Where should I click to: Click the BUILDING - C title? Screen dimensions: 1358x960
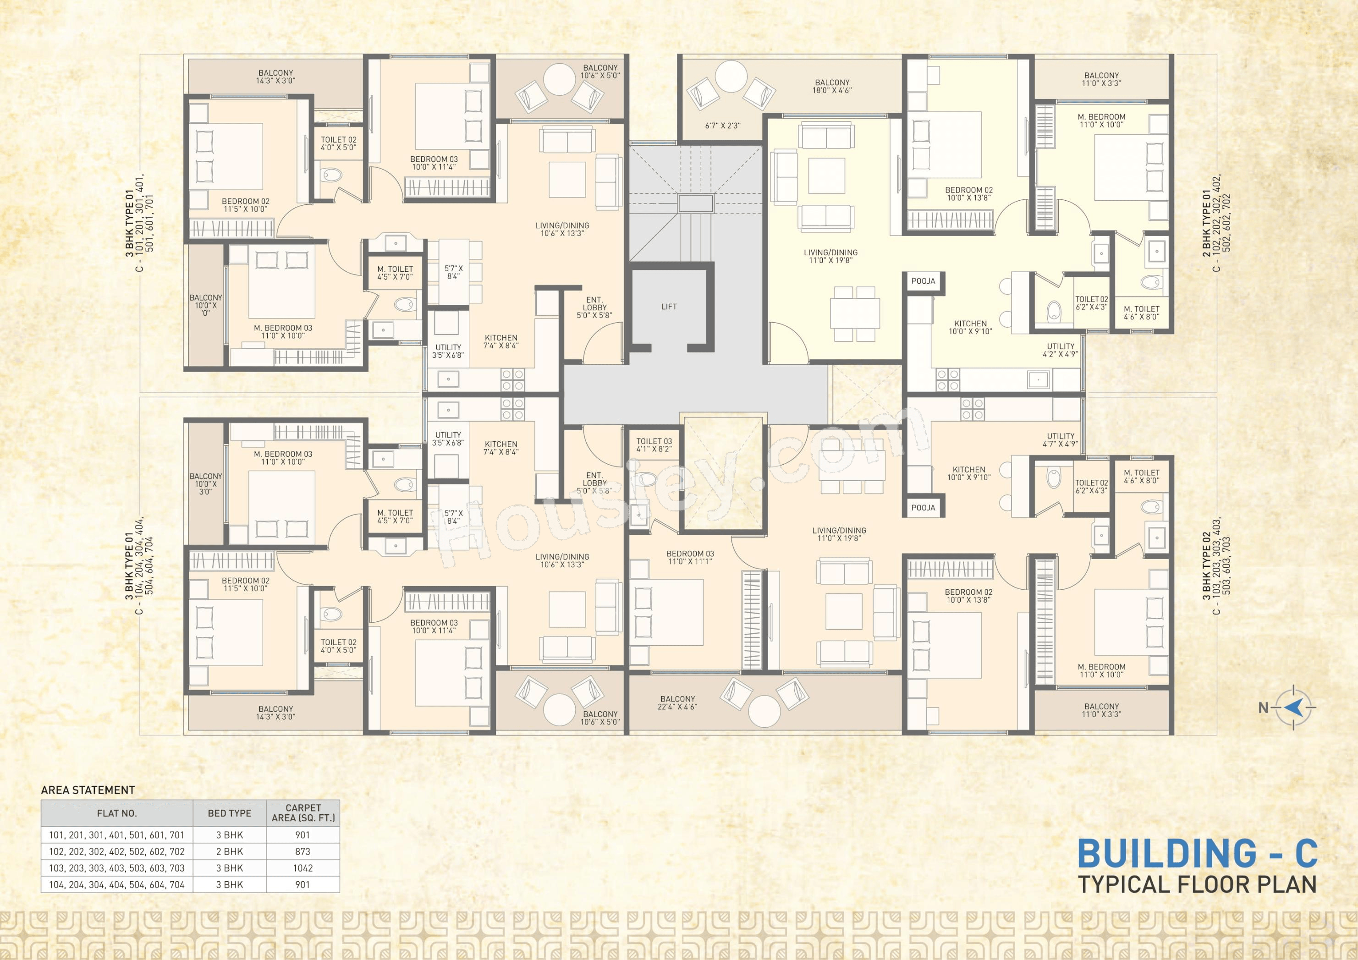click(1197, 854)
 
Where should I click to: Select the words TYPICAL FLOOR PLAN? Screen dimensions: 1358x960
click(1197, 884)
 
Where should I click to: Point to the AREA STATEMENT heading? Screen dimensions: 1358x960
click(88, 790)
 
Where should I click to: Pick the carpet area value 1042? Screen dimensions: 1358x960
click(303, 868)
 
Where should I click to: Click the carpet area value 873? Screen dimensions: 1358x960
click(303, 851)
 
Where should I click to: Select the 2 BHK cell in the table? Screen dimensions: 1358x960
click(230, 851)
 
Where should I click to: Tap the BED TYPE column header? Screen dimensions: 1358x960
click(230, 813)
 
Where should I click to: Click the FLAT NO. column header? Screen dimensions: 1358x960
click(116, 813)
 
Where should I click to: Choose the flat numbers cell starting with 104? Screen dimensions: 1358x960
click(116, 884)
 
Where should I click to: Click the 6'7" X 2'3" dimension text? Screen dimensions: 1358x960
click(723, 126)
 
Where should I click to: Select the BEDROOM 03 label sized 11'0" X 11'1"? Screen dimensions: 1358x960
click(690, 557)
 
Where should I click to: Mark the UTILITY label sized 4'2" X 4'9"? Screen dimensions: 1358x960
click(1061, 350)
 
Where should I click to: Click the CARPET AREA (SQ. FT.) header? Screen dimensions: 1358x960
click(303, 813)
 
